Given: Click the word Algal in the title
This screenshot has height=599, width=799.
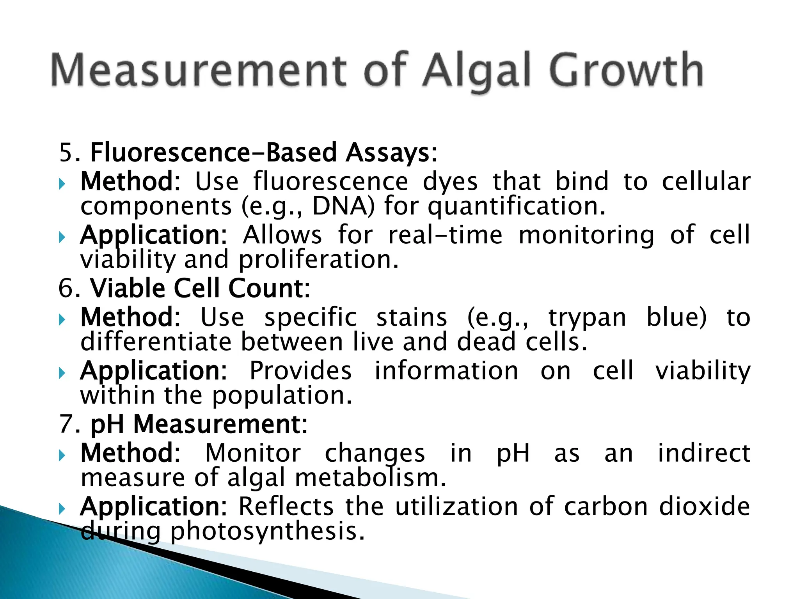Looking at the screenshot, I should (x=477, y=71).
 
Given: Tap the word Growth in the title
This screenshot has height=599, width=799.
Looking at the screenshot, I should (x=627, y=71).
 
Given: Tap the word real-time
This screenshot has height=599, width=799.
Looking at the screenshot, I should (x=445, y=235).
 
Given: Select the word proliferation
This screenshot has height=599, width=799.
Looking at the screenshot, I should (x=318, y=261).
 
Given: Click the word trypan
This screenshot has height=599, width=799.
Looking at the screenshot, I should (x=587, y=318).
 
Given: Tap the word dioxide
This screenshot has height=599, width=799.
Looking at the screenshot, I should (x=704, y=507).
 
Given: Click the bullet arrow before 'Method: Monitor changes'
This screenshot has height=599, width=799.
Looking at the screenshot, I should (x=62, y=455).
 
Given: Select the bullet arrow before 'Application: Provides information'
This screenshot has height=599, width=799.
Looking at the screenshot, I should (x=62, y=373).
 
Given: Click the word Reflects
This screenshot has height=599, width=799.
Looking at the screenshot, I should (x=286, y=507).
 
